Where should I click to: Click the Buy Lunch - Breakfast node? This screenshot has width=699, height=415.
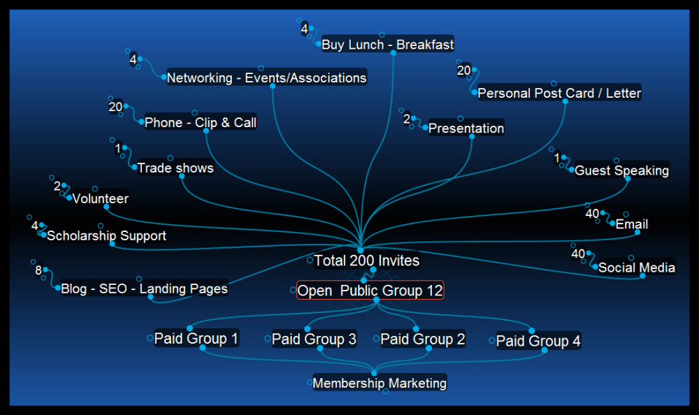click(x=387, y=45)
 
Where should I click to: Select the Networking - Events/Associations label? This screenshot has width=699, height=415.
click(x=266, y=78)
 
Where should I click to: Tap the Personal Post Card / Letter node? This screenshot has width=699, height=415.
click(x=559, y=93)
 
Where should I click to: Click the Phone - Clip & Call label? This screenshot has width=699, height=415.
click(x=201, y=123)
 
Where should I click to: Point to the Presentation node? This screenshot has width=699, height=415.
click(x=466, y=129)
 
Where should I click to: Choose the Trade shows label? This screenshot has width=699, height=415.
click(x=175, y=168)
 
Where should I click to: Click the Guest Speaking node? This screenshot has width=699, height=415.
click(x=621, y=170)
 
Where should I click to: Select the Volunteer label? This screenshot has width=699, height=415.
click(x=101, y=198)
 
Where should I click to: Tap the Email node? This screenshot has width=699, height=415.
click(x=632, y=224)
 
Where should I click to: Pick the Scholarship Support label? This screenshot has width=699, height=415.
click(x=106, y=235)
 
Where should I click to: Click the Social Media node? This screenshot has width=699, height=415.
click(x=637, y=268)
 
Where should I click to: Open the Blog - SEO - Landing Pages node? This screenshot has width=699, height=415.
click(x=144, y=288)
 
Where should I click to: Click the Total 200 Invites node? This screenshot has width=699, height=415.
click(x=367, y=261)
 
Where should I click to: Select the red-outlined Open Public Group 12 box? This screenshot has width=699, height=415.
click(x=370, y=290)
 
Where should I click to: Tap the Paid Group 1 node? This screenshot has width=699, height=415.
click(x=196, y=339)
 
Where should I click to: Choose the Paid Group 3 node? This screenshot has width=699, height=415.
click(x=314, y=340)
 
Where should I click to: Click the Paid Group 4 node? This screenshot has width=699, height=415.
click(x=538, y=341)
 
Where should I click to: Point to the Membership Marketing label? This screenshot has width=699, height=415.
click(x=380, y=383)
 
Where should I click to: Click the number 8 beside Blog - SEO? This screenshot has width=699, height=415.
click(x=38, y=270)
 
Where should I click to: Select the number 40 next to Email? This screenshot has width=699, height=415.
click(x=592, y=213)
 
